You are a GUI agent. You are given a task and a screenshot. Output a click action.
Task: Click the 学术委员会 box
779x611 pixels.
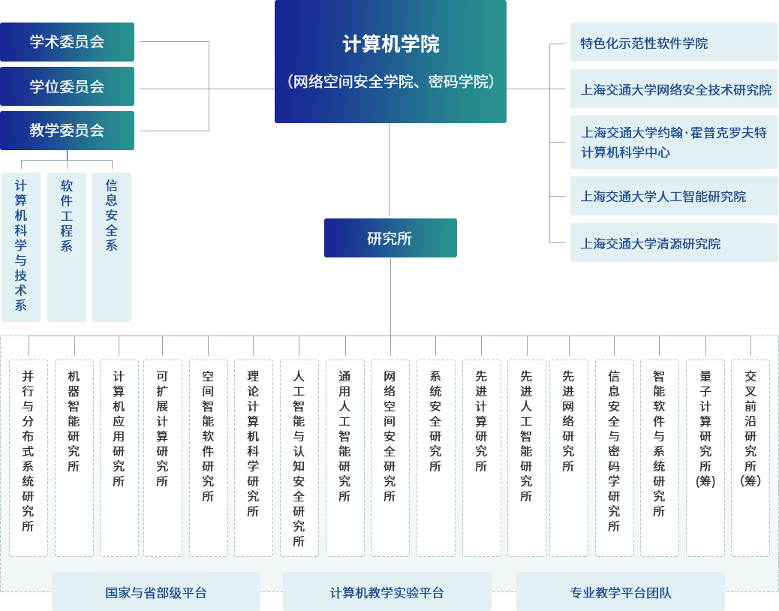(x=68, y=41)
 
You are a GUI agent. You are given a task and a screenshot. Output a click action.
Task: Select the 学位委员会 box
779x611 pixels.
(x=68, y=86)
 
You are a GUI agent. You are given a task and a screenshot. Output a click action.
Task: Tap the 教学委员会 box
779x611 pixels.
(x=68, y=130)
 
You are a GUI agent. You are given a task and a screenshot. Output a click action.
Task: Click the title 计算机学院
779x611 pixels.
(x=390, y=44)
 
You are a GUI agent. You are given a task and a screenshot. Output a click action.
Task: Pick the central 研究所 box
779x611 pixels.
(x=389, y=238)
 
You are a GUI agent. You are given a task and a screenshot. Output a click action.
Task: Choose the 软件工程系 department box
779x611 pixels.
(x=66, y=246)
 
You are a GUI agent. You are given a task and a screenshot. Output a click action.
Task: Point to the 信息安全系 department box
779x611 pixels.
(x=111, y=246)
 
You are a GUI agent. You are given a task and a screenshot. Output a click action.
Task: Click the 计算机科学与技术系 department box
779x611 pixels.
(x=20, y=246)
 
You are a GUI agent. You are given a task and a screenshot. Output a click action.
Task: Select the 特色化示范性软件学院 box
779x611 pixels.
(x=673, y=43)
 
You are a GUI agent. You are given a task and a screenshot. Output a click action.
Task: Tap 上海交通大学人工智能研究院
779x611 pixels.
(x=673, y=196)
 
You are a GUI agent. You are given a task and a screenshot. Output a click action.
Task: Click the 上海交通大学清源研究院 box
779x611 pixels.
(x=673, y=242)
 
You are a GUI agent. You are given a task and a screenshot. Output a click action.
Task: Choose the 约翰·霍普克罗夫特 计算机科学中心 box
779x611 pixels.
(x=673, y=142)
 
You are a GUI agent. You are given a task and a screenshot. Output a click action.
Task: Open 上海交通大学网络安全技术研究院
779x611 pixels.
(x=673, y=89)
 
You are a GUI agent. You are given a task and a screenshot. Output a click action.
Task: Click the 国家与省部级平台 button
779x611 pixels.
(x=155, y=592)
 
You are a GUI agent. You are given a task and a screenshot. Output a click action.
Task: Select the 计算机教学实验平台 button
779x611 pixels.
(x=386, y=592)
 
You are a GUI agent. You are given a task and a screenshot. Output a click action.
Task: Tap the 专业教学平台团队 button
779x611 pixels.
(x=620, y=592)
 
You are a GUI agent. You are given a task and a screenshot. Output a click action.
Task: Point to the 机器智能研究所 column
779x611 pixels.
(x=74, y=458)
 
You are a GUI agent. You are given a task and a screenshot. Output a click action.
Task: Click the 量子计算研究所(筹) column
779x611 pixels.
(x=705, y=458)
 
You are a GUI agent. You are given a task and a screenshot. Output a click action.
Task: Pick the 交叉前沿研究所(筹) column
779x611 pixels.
(x=750, y=458)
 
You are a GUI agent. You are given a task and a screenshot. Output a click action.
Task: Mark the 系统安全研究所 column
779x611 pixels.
(x=435, y=458)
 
